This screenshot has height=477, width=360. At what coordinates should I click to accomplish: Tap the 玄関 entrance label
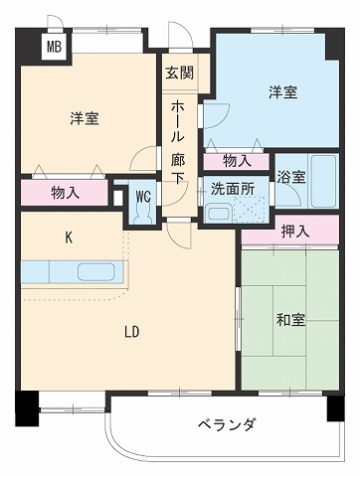(x=180, y=73)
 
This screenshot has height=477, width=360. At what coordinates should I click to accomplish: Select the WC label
(x=143, y=195)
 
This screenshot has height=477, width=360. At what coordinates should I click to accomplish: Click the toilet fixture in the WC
(x=143, y=213)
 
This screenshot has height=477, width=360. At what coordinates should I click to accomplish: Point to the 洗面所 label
(x=232, y=188)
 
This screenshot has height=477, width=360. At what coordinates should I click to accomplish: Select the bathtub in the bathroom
(x=323, y=179)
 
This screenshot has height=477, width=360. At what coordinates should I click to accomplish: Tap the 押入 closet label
(x=295, y=231)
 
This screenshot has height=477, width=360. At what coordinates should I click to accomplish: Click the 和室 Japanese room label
(x=290, y=320)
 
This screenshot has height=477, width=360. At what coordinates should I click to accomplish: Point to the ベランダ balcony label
(x=225, y=423)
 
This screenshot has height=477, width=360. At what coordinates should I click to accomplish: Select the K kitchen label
(x=69, y=237)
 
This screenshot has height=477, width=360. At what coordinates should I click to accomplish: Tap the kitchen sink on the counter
(x=96, y=271)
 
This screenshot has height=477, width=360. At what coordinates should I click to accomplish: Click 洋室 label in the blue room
(x=281, y=92)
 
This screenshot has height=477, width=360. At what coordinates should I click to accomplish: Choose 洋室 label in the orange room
(x=85, y=118)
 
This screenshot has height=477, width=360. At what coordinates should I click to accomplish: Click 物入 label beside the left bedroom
(x=66, y=193)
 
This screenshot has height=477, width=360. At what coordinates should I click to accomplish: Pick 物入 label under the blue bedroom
(x=237, y=159)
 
